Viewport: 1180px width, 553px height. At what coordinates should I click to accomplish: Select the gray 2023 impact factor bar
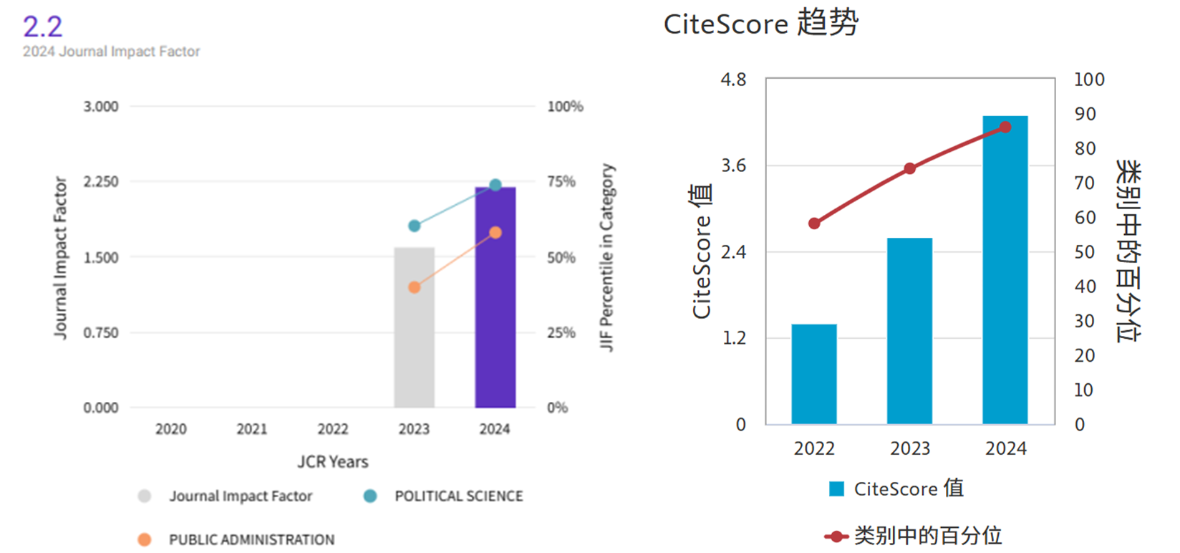click(414, 327)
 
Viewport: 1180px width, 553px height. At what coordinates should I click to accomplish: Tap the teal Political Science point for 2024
click(495, 185)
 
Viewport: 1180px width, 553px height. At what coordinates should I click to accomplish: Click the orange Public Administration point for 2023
click(414, 287)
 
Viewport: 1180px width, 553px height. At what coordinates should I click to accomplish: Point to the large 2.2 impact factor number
click(43, 27)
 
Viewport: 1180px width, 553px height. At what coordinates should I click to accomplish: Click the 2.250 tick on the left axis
click(101, 182)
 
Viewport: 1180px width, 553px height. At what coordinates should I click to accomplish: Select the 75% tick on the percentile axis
click(561, 182)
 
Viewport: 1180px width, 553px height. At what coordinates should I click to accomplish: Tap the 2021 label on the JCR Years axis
click(252, 429)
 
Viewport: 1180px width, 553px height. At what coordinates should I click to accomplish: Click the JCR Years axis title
click(333, 462)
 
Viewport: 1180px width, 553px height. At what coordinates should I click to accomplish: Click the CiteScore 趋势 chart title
click(760, 24)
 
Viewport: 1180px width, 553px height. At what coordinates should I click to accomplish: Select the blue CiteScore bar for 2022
click(814, 374)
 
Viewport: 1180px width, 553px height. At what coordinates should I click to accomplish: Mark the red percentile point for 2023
click(909, 168)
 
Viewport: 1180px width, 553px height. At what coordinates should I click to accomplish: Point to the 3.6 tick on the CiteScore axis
click(733, 166)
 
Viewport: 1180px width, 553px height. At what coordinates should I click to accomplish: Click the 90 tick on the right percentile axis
click(1085, 114)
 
